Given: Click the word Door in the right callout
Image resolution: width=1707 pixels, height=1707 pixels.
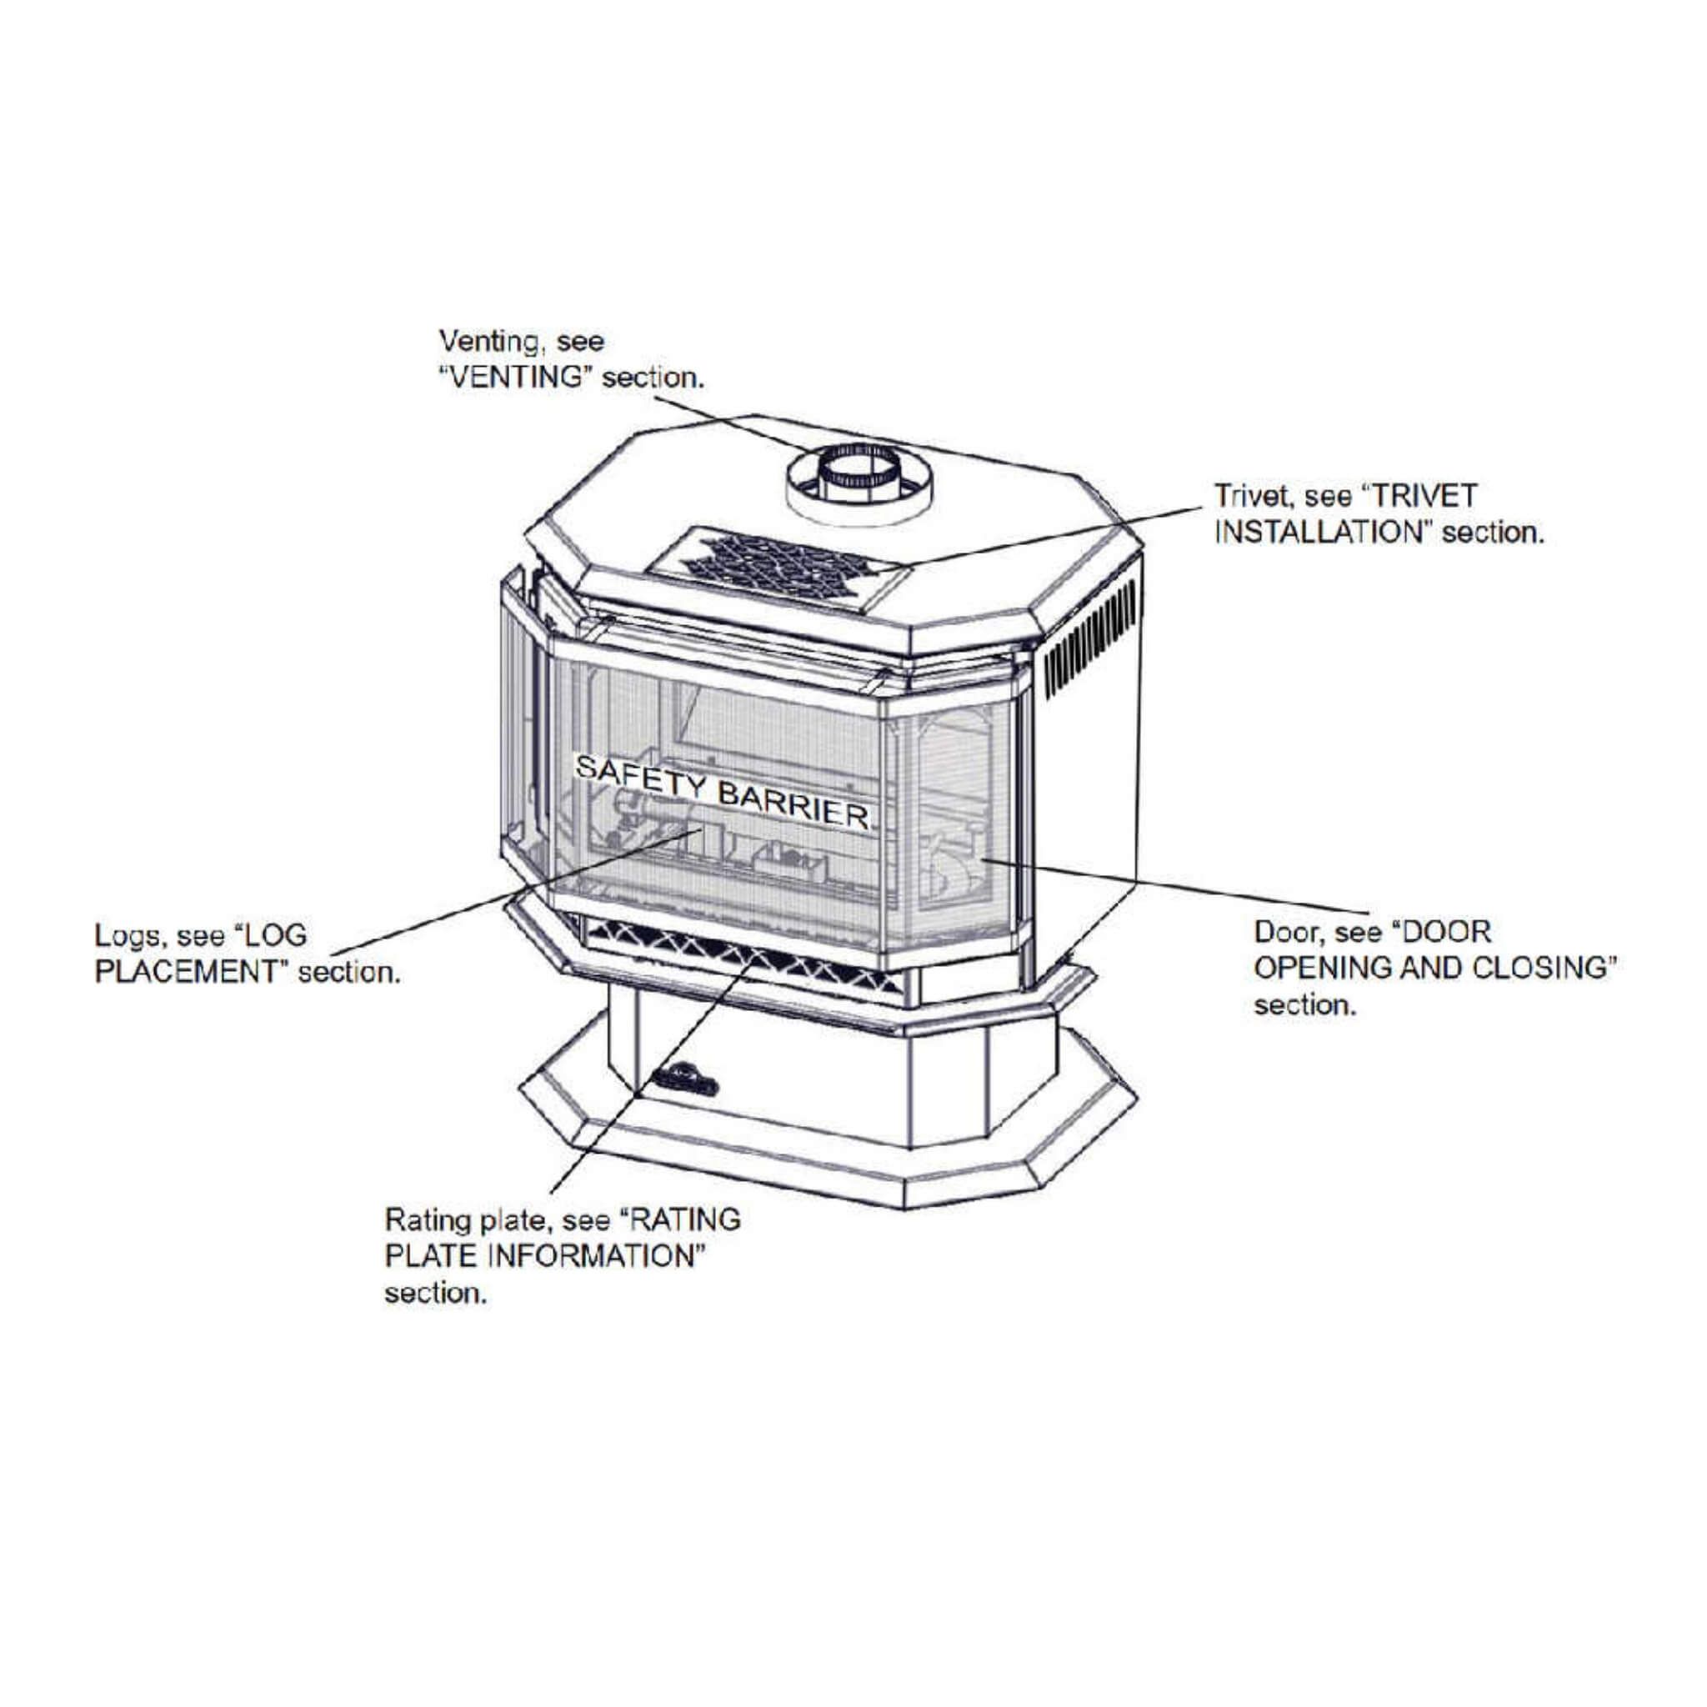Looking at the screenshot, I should click(x=1284, y=931).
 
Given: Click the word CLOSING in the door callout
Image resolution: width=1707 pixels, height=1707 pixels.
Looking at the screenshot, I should click(x=1536, y=968).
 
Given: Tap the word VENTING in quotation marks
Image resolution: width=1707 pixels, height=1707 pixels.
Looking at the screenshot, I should click(x=516, y=378).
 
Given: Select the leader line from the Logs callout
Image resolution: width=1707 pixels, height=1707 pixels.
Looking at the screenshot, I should click(x=513, y=893).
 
